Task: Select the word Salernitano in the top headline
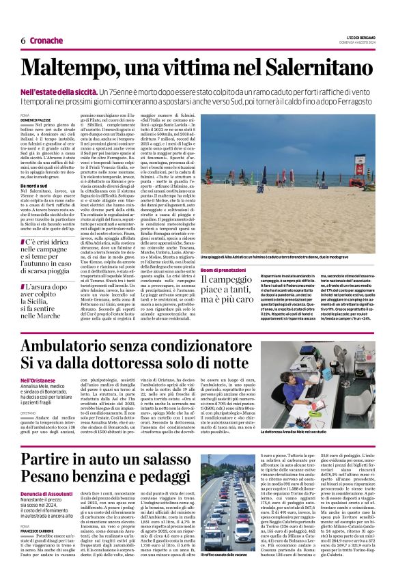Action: click(x=308, y=69)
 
